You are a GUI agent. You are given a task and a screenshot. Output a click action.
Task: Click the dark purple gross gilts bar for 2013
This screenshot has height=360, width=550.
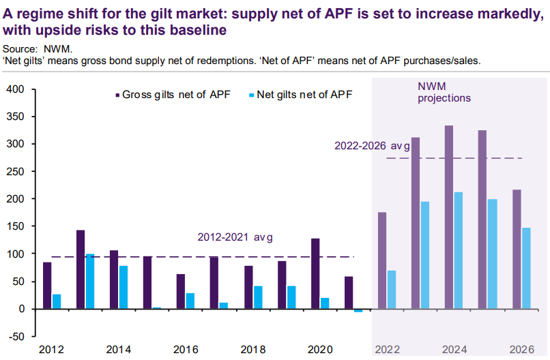click(x=81, y=269)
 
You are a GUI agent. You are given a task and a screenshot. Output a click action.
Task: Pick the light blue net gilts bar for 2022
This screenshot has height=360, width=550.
click(x=392, y=290)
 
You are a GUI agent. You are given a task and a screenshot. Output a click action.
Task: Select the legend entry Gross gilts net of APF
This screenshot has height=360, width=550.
click(x=173, y=95)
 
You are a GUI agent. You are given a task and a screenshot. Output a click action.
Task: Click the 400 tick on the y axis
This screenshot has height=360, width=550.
click(x=16, y=89)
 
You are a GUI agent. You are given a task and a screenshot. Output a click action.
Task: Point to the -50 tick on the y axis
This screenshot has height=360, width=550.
click(x=16, y=336)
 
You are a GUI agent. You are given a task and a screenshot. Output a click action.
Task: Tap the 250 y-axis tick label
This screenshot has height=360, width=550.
click(x=16, y=172)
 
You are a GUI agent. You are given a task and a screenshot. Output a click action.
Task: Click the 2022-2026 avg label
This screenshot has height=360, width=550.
click(x=372, y=146)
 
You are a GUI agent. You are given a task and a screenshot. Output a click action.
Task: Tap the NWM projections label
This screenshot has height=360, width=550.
click(x=444, y=92)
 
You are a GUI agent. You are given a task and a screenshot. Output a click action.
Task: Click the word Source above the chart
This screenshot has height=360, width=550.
click(x=19, y=49)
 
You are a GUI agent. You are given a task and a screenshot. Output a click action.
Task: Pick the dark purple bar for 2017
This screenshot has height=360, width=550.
click(x=214, y=283)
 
